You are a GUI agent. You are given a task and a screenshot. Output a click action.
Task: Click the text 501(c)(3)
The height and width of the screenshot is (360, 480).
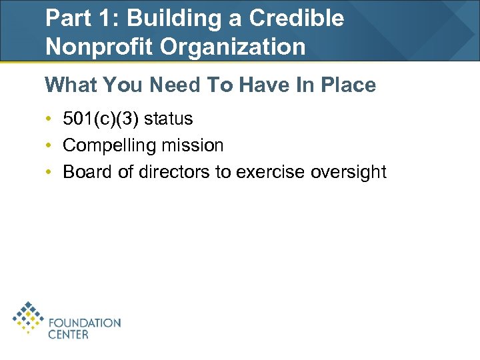[101, 119]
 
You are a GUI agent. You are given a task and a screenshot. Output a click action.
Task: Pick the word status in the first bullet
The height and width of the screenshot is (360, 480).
[168, 119]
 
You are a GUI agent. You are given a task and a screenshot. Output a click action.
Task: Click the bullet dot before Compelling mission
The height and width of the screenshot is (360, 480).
[49, 145]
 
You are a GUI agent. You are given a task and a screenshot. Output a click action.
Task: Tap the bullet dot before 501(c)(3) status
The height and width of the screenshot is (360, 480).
[49, 119]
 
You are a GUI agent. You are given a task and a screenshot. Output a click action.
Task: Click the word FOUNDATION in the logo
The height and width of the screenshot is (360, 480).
[85, 323]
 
